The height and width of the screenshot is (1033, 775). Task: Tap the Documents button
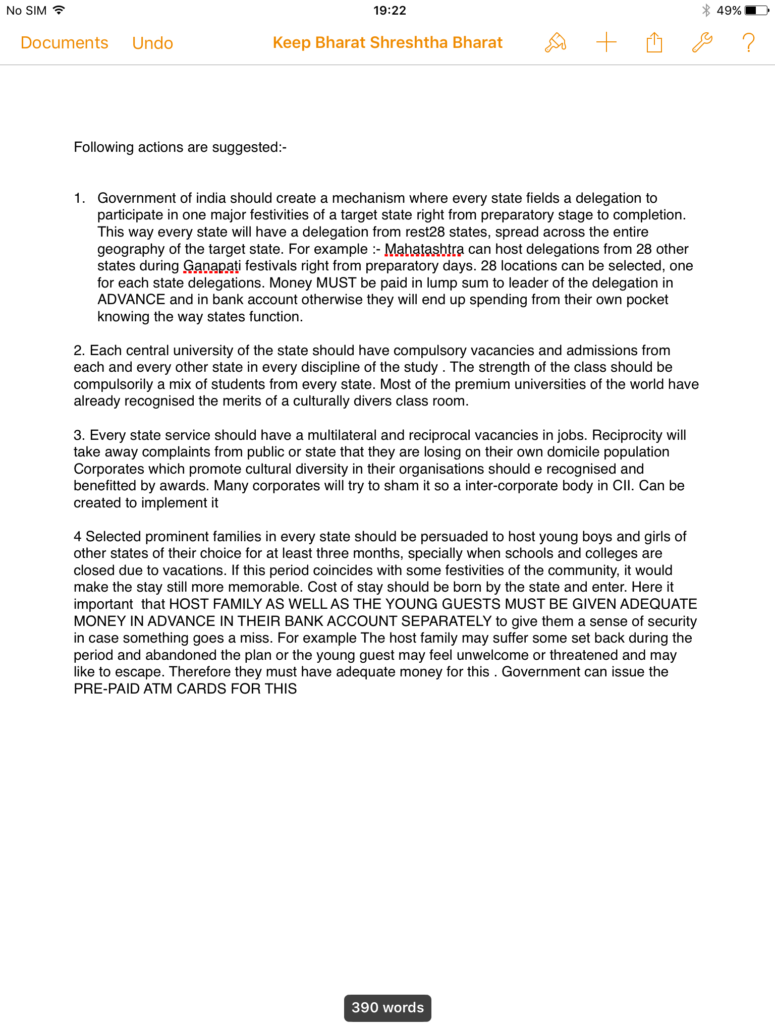[x=65, y=43]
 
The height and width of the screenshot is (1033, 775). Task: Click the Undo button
[x=152, y=43]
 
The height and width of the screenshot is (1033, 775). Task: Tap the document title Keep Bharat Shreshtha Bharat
[x=387, y=43]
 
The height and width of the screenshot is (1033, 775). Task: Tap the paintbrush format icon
[x=556, y=43]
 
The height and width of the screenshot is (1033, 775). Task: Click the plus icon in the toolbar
[x=606, y=43]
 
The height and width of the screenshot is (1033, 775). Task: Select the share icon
[x=654, y=43]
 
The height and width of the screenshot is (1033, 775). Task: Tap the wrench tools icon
[x=702, y=43]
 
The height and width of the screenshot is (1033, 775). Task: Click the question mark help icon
[x=749, y=43]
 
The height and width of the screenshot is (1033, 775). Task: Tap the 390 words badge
[x=387, y=1008]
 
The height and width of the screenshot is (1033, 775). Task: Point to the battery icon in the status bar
[x=756, y=10]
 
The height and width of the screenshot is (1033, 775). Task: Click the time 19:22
[x=390, y=10]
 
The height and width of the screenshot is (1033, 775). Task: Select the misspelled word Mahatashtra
[x=424, y=249]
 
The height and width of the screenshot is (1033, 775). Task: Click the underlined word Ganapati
[x=212, y=266]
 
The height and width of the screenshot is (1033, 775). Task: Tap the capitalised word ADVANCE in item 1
[x=131, y=300]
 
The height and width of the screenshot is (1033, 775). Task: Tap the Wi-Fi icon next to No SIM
[x=59, y=10]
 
